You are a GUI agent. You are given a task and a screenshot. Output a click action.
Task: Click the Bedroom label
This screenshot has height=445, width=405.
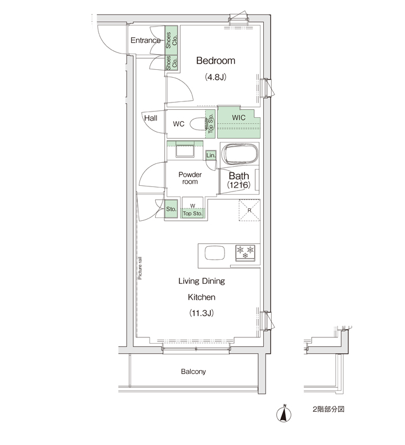(x=215, y=60)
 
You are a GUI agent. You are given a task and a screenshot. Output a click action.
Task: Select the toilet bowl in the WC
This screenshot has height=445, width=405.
(x=199, y=124)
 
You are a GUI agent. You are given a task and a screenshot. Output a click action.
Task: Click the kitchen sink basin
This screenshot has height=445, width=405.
(x=214, y=253)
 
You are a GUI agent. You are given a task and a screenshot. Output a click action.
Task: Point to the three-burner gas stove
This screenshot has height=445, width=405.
(x=245, y=253)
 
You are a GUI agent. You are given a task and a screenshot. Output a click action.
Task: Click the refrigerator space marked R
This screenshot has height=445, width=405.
(x=249, y=210)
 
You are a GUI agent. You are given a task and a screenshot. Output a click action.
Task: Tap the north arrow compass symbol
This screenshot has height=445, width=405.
(x=283, y=414)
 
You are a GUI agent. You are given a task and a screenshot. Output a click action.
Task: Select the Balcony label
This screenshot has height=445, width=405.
(x=193, y=372)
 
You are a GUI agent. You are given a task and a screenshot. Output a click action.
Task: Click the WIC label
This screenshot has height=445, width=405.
(x=238, y=118)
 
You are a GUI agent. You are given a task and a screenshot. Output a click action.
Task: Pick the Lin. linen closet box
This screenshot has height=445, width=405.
(x=211, y=155)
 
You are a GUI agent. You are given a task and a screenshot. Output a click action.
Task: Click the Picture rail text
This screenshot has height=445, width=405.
(x=139, y=268)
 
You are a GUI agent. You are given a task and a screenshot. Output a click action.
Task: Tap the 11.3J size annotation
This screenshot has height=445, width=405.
(x=201, y=313)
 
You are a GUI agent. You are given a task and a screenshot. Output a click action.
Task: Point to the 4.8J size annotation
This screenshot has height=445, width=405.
(x=215, y=77)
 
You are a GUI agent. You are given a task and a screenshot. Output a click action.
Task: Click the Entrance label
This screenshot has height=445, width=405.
(x=145, y=41)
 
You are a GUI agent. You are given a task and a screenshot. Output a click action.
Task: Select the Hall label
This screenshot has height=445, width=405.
(x=151, y=118)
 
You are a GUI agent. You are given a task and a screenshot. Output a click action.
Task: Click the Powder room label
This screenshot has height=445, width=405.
(x=190, y=178)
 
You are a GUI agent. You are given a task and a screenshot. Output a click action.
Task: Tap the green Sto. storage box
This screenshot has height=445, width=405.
(x=171, y=209)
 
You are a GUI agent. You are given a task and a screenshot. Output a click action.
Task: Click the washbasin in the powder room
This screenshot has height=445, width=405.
(x=185, y=150)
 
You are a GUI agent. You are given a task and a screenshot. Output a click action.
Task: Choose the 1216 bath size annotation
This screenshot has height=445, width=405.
(x=238, y=185)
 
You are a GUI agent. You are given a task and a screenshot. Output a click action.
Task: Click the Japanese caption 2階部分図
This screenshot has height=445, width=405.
(x=328, y=410)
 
